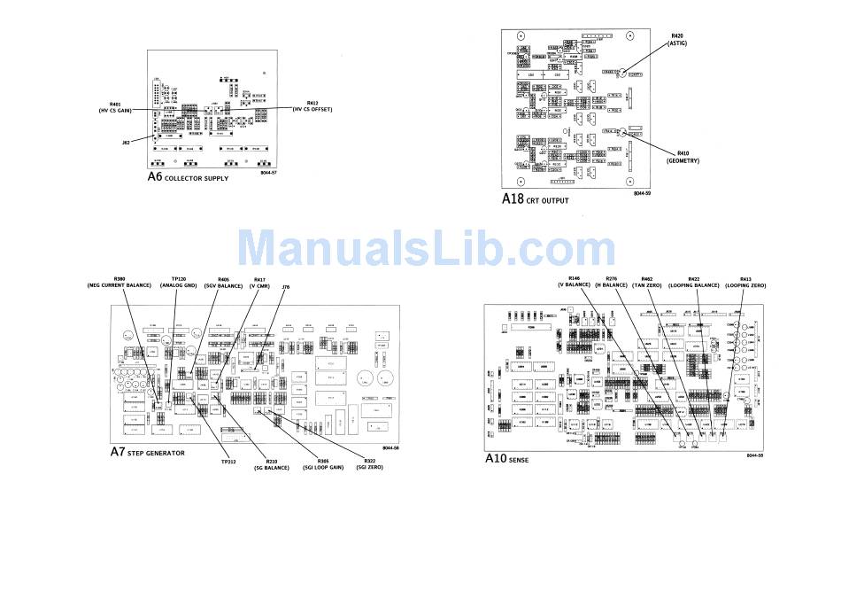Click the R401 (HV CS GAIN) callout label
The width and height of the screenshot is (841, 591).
(x=115, y=107)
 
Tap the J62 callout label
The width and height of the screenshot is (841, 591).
(x=126, y=141)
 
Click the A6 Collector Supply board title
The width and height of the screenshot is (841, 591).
(x=188, y=177)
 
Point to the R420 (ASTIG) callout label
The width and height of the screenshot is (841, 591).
(x=678, y=39)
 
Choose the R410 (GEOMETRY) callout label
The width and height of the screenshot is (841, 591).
(x=683, y=157)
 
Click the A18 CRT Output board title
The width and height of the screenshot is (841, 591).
(x=536, y=199)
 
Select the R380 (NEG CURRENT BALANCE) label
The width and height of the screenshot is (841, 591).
(x=120, y=282)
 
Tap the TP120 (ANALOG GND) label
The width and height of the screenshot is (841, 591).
(x=178, y=282)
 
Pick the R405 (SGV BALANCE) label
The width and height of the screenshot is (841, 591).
(x=223, y=282)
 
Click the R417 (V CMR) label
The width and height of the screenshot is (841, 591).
(x=259, y=282)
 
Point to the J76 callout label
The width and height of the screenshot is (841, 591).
(x=285, y=286)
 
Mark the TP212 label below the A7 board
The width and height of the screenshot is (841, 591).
(x=228, y=461)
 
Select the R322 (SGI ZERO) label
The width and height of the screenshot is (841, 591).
(x=370, y=463)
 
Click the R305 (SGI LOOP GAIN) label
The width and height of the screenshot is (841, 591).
(x=322, y=463)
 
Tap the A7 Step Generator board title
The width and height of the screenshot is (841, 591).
(x=147, y=452)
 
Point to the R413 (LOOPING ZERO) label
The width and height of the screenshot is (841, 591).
(x=745, y=282)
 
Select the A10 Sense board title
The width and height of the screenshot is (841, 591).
(x=506, y=459)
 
